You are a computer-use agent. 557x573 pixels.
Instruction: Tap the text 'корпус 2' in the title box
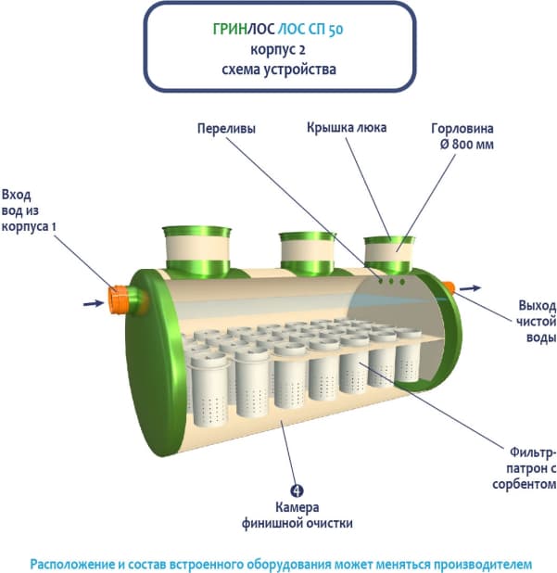click(x=277, y=49)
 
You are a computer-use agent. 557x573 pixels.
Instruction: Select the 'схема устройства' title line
click(x=278, y=69)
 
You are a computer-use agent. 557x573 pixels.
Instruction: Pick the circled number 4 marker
click(x=296, y=490)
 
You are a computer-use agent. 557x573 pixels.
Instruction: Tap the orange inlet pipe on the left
click(x=120, y=299)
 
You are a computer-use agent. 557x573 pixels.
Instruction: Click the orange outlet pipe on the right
click(x=448, y=286)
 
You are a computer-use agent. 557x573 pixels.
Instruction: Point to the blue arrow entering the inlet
click(x=91, y=302)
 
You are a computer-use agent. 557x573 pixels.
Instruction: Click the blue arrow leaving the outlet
click(x=470, y=286)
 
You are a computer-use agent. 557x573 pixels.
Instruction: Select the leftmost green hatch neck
click(x=196, y=249)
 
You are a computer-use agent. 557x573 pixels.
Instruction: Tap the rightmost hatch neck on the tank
click(x=389, y=252)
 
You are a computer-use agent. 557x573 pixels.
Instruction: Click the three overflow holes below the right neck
click(x=391, y=278)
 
